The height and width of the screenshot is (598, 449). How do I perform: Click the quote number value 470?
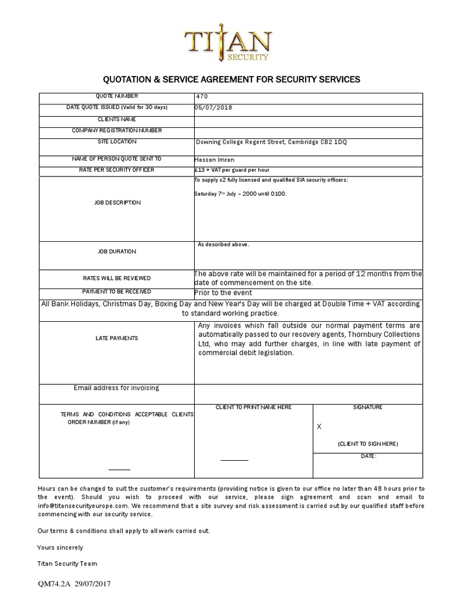(202, 96)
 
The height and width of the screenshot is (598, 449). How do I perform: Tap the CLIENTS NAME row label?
(116, 119)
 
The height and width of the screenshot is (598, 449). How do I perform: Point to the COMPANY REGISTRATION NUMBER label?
(116, 130)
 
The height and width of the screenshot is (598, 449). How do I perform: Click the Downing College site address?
(271, 142)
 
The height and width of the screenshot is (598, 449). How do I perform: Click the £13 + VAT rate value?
(232, 170)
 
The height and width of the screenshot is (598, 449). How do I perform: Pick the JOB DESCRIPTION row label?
(116, 203)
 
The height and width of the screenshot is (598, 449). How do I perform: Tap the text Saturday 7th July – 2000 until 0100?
(240, 193)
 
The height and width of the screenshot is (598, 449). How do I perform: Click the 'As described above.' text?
(223, 245)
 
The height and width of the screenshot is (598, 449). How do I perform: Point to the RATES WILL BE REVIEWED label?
(116, 279)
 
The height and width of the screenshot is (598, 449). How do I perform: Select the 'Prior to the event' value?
(223, 293)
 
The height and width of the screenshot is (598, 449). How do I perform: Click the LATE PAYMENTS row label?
(116, 338)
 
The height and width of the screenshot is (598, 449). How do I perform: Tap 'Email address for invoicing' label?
(116, 388)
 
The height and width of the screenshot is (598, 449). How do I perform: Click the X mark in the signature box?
(319, 427)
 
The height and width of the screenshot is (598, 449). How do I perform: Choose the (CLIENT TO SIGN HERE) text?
(368, 444)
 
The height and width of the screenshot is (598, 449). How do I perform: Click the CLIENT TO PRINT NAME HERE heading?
(253, 407)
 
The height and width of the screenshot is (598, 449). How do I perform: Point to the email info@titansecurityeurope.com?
(82, 505)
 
